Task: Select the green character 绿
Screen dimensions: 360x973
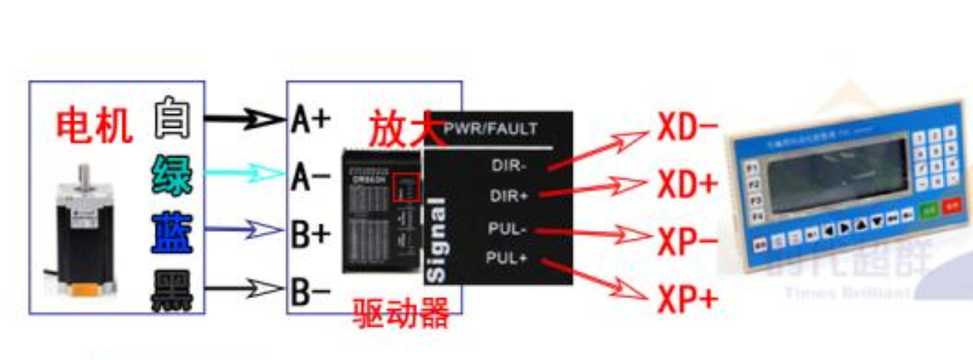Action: [172, 175]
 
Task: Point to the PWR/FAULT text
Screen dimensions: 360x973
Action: [491, 129]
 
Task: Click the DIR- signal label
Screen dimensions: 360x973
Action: [510, 166]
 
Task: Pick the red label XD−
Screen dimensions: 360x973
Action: [687, 128]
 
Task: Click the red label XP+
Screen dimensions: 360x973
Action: [687, 300]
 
